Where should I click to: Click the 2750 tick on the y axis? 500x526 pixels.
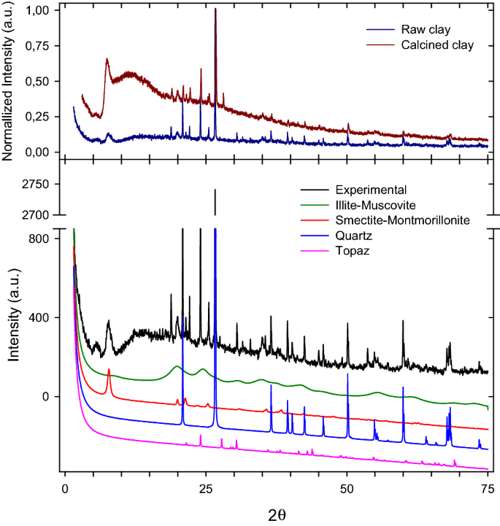point(37,185)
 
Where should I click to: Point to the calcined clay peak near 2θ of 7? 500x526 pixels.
point(107,60)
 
